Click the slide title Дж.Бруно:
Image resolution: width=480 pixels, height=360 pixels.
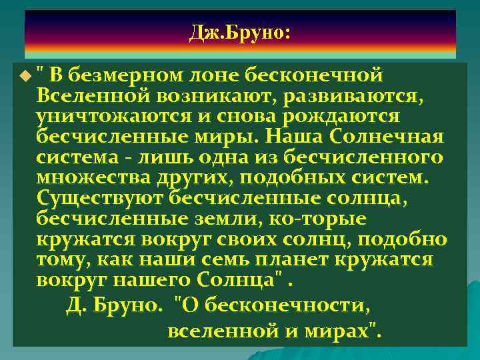(240, 31)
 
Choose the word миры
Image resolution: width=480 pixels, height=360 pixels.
(227, 137)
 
